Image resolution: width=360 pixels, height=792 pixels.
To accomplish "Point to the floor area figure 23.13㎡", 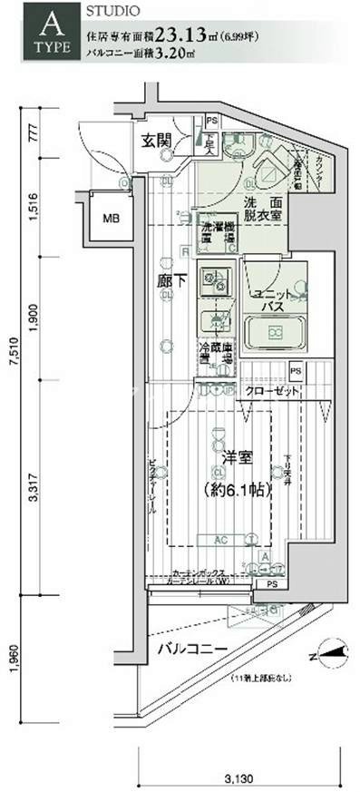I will pyautogui.click(x=185, y=35).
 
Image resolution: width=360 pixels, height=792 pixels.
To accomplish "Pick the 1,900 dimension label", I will pyautogui.click(x=34, y=318).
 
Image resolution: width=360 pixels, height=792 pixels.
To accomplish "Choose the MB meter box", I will pyautogui.click(x=110, y=219).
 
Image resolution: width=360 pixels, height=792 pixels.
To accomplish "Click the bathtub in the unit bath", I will pyautogui.click(x=273, y=334).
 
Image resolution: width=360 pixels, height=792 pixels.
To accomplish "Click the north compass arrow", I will pyautogui.click(x=330, y=650).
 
